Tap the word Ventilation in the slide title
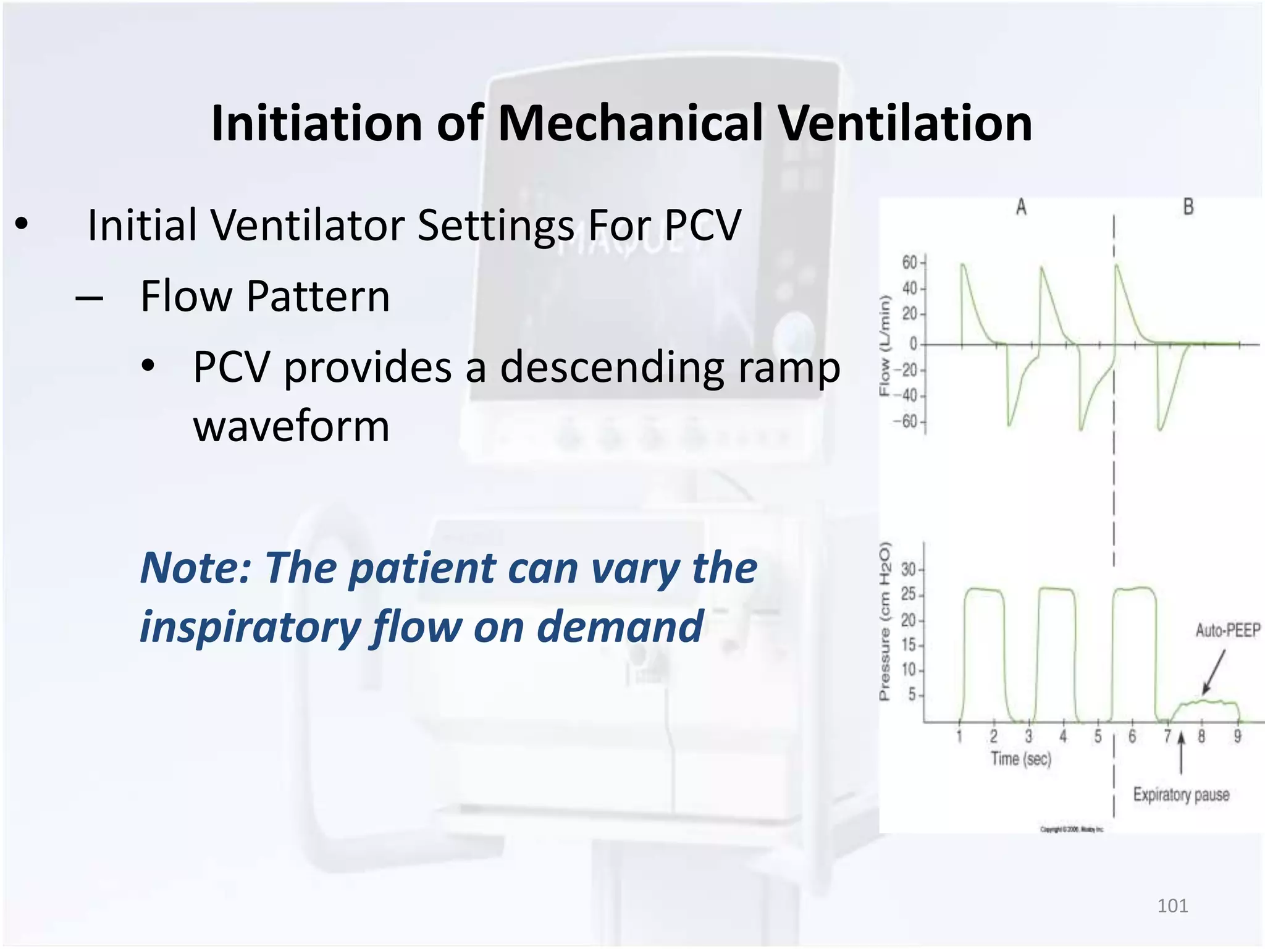[x=904, y=123]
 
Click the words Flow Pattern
[x=265, y=296]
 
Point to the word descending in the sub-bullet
[x=611, y=367]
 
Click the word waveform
[x=291, y=426]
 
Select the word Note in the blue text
[x=191, y=568]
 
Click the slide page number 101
[x=1172, y=906]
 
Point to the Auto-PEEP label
[x=1227, y=631]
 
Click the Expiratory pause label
[x=1180, y=795]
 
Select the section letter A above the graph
[x=1021, y=207]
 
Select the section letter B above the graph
[x=1188, y=207]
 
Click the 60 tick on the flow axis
[x=909, y=263]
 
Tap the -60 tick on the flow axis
[x=906, y=422]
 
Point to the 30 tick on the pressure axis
[x=908, y=569]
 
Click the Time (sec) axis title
[x=1020, y=759]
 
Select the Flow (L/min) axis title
[x=885, y=346]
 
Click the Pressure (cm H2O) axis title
[x=885, y=621]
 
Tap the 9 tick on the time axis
[x=1237, y=736]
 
